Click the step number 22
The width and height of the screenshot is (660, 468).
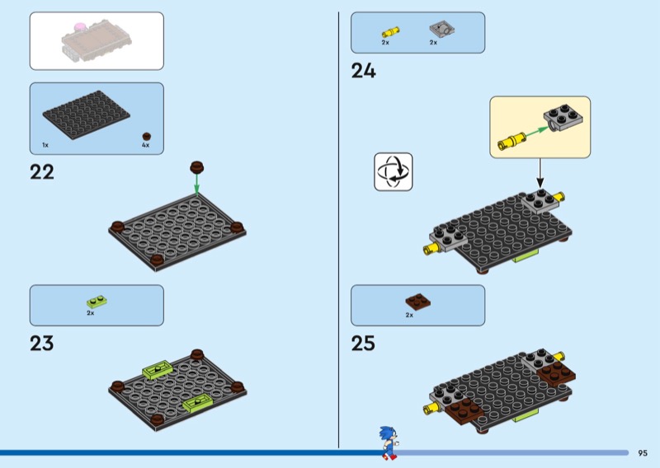[42, 172]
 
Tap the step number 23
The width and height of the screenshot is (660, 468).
[42, 342]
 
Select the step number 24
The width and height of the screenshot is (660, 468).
[364, 71]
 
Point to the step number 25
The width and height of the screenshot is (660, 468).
[364, 342]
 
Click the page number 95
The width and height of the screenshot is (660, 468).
[643, 452]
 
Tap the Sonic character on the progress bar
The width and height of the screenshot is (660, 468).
[388, 442]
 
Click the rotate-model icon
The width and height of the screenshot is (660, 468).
[393, 171]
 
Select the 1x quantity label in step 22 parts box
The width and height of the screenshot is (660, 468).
[45, 145]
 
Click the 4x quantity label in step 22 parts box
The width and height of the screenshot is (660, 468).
[145, 145]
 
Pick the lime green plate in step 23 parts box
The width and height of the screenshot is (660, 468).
[97, 302]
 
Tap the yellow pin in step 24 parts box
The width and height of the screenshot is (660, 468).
[389, 31]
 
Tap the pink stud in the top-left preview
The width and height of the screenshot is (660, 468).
[79, 27]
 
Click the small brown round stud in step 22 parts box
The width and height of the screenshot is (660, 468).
[147, 135]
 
